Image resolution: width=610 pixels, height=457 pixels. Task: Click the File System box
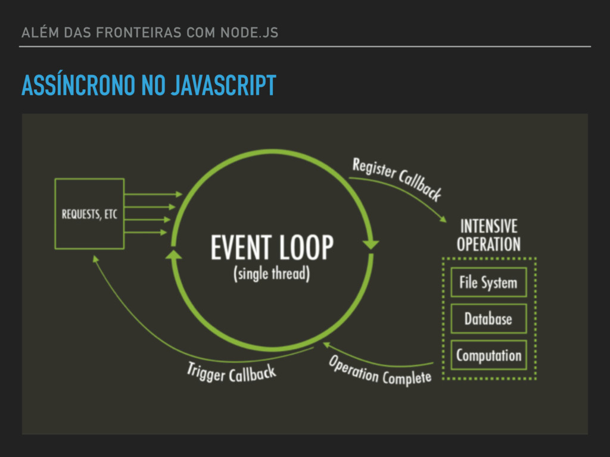488,282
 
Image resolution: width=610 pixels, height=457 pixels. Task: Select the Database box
488,319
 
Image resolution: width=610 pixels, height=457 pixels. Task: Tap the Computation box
488,356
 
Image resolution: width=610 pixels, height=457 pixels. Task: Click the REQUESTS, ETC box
89,214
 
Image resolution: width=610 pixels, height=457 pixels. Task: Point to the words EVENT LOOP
272,248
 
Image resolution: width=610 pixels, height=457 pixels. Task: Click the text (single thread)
272,274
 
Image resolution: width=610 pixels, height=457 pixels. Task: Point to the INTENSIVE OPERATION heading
488,235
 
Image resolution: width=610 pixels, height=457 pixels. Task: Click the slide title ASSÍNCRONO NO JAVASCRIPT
148,86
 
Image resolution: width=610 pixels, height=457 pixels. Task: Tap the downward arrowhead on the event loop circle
372,244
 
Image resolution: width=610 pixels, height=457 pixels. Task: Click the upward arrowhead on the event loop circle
173,256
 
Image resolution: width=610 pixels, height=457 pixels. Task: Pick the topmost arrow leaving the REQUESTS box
154,194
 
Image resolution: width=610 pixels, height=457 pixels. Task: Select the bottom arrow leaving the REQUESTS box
147,233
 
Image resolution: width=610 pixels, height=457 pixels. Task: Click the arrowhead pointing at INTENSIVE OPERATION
443,219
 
